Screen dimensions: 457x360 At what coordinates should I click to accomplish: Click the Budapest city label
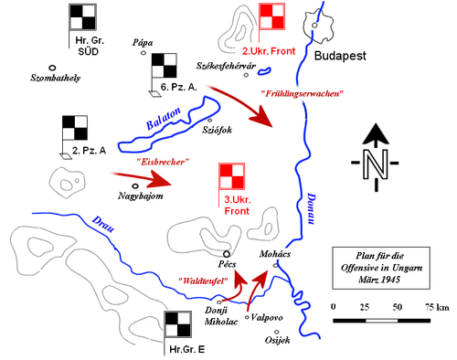click(340, 56)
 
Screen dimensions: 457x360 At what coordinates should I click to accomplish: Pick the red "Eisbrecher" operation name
click(163, 162)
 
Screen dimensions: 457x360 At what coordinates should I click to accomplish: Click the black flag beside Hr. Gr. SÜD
click(82, 17)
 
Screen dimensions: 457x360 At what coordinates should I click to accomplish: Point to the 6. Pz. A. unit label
click(179, 86)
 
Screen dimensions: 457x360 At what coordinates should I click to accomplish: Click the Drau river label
click(104, 224)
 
